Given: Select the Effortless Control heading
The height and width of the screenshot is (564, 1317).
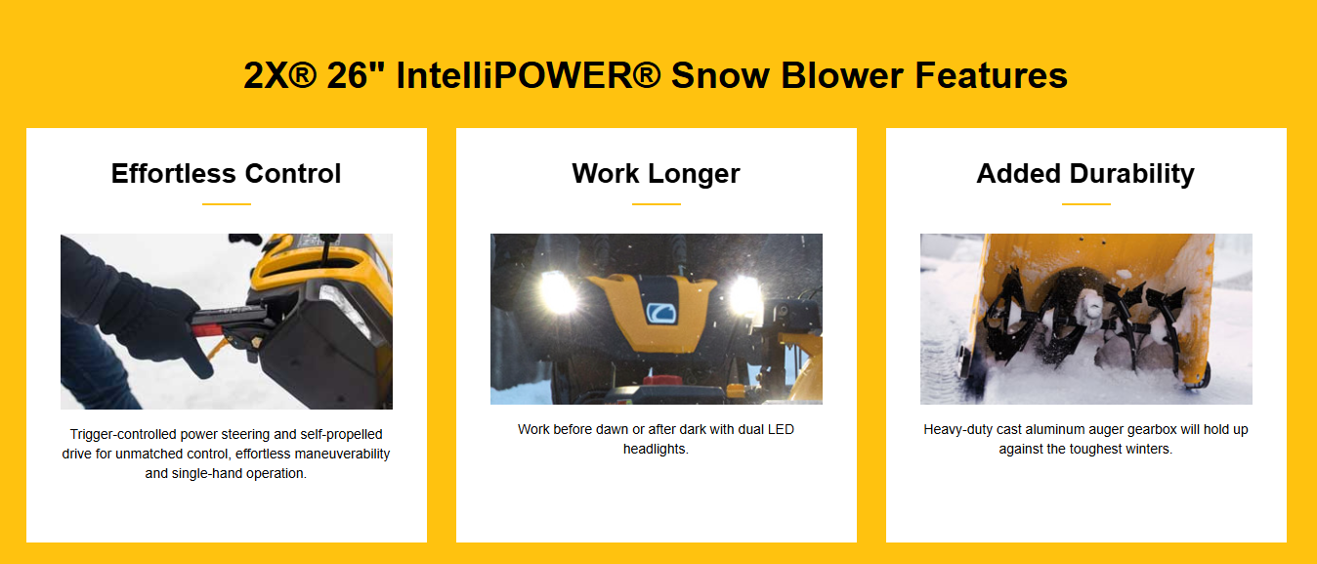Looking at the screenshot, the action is (227, 174).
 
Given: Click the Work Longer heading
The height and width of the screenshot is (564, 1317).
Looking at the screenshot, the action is (657, 174).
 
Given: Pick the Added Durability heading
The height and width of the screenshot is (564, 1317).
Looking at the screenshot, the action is (1085, 174).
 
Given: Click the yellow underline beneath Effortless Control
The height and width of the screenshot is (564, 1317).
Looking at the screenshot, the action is (227, 204).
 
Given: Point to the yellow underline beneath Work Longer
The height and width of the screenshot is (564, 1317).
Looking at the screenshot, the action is (657, 204).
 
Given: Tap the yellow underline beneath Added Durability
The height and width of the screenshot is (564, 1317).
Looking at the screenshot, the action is (1085, 204).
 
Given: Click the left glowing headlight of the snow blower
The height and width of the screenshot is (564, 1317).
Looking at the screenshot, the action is (556, 292).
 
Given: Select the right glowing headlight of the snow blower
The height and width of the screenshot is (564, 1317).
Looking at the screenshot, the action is (746, 294).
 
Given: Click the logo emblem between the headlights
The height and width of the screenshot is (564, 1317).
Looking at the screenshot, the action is (661, 313).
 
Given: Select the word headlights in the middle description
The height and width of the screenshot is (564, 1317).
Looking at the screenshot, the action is (656, 449).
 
